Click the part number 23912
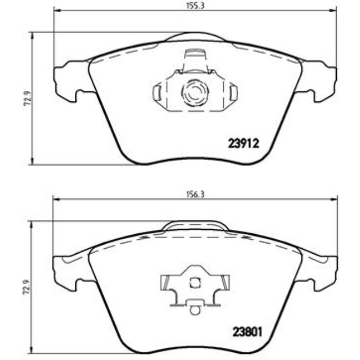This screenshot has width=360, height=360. coord(244,143)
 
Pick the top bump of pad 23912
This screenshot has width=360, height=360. coord(194,37)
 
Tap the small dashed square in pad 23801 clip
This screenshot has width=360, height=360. coord(194,282)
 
